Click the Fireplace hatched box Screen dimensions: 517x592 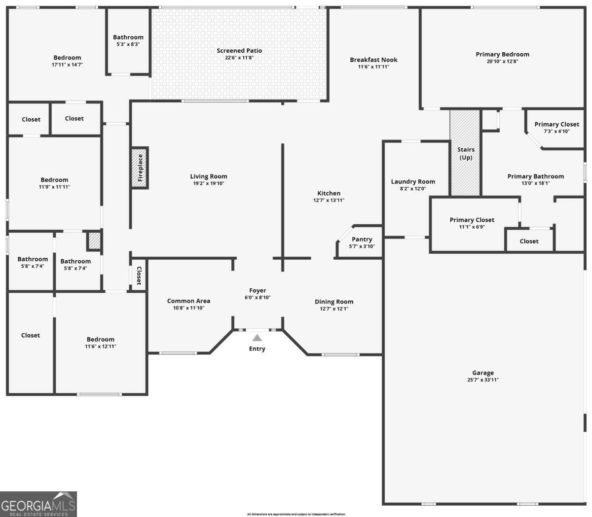pos(140,168)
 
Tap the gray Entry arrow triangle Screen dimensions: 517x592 pos(257,338)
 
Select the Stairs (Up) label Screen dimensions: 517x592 pos(466,153)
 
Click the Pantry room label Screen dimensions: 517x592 pos(362,240)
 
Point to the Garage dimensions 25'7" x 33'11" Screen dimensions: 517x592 pos(482,380)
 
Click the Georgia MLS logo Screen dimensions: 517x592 pos(38,504)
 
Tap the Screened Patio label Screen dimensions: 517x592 pos(239,51)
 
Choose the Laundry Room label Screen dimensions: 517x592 pos(413,181)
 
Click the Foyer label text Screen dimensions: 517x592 pos(258,291)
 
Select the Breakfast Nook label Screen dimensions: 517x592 pos(373,60)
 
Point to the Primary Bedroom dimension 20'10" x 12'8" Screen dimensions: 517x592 pos(502,62)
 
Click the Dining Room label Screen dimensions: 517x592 pos(334,302)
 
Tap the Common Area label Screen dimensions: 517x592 pos(188,301)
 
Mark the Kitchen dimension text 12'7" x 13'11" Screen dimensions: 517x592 pos(329,201)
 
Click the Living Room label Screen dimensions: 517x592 pos(209,176)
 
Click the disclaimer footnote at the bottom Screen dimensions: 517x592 pos(296,514)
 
